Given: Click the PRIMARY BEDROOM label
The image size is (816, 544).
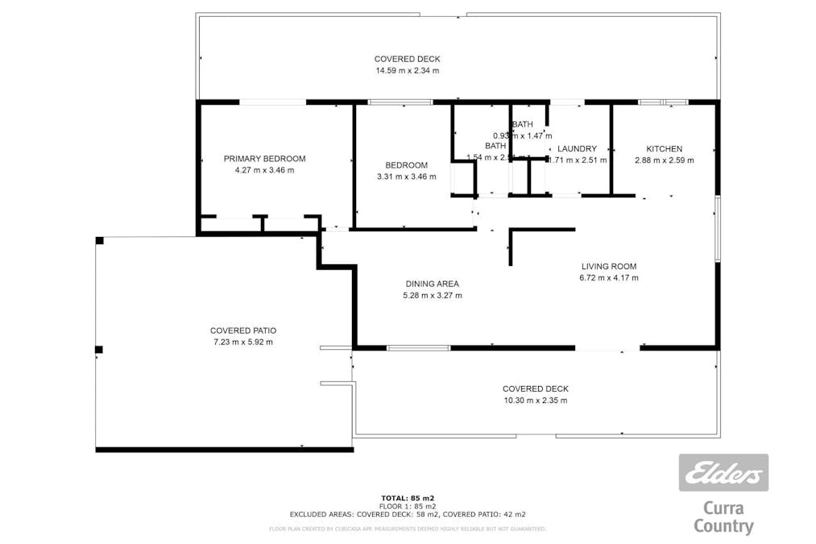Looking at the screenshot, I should (x=264, y=159).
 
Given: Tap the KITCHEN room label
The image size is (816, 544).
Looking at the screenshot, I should (x=664, y=149).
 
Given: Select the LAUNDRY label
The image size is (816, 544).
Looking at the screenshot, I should (x=577, y=149).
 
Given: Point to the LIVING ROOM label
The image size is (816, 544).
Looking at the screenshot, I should (x=608, y=267).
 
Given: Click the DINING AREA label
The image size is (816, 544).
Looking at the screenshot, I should (x=432, y=284).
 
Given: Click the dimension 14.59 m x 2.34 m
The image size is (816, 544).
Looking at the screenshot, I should (x=407, y=71).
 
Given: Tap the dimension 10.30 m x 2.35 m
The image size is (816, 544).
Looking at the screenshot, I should (x=535, y=401).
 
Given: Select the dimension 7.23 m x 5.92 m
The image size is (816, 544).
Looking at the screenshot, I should (x=243, y=342).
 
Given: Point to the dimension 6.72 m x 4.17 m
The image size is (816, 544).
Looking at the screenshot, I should (x=608, y=278).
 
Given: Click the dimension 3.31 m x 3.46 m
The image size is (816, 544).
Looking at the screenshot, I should (x=406, y=176).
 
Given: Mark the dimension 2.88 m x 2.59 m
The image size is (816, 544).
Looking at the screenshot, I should (x=664, y=160).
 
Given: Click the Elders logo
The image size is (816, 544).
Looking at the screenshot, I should (x=723, y=473).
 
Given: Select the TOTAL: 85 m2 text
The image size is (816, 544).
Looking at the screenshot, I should (x=408, y=497).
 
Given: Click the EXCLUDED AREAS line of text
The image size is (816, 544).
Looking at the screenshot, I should (x=408, y=513).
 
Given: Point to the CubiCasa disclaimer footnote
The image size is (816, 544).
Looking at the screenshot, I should (x=408, y=529).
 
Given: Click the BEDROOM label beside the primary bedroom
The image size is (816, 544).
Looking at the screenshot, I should (x=406, y=165).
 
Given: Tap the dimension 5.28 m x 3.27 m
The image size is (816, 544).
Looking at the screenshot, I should (x=432, y=295).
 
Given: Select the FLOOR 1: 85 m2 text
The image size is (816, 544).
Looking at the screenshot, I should (x=408, y=505).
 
